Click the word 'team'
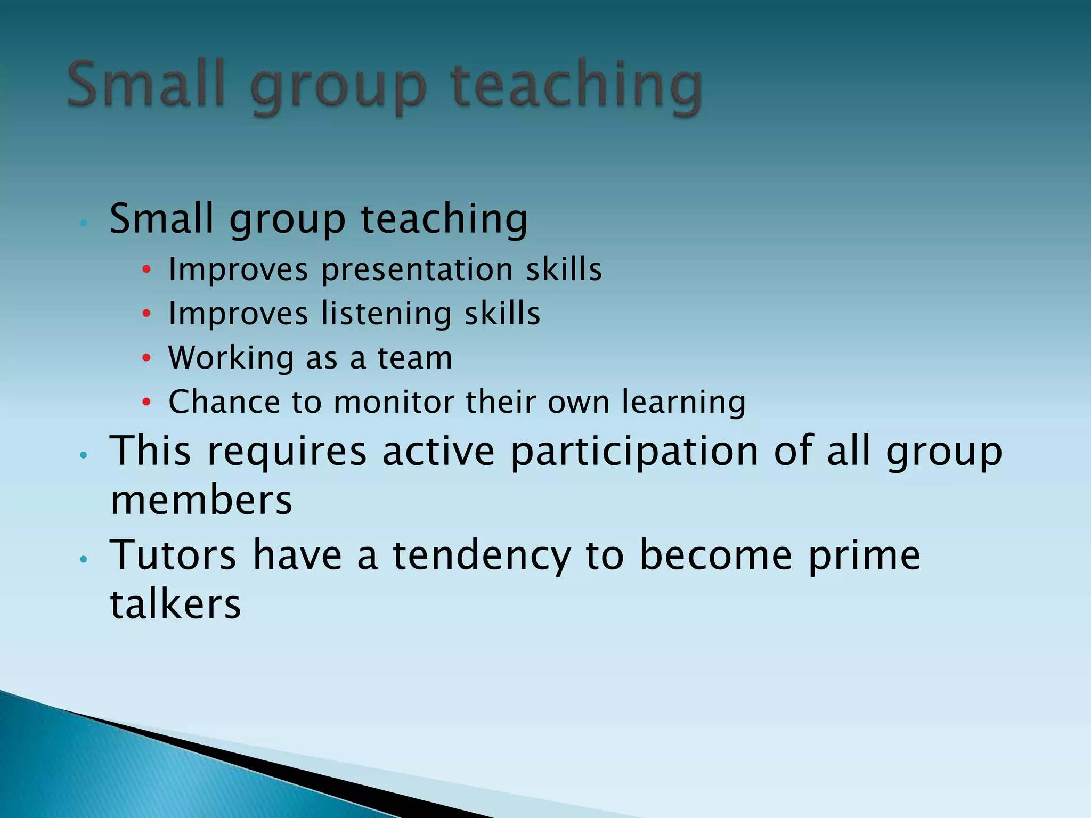415,358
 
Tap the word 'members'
201,501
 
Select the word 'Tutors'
173,555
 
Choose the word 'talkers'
176,604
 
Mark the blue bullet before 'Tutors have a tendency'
83,559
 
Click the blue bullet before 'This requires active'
83,455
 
